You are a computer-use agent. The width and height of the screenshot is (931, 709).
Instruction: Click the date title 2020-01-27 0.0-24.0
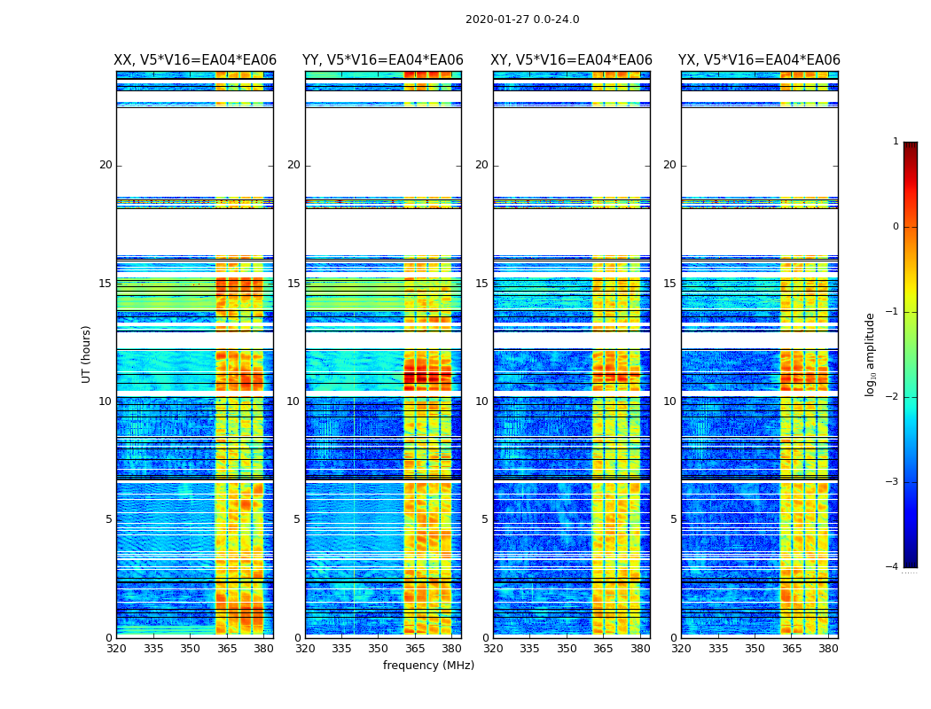[522, 19]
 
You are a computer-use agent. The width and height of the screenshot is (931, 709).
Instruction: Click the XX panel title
[195, 60]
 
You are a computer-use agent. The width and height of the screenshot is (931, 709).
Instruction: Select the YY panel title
[383, 60]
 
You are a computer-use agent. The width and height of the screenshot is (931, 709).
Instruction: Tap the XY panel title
[572, 60]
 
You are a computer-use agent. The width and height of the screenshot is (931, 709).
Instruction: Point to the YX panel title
[759, 60]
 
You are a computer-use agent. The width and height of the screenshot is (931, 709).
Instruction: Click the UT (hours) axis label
[86, 354]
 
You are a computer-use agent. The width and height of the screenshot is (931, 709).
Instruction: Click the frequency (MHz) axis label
[428, 666]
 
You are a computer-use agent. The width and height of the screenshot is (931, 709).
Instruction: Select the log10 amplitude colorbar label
[871, 354]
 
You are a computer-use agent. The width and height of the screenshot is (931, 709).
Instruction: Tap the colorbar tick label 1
[896, 142]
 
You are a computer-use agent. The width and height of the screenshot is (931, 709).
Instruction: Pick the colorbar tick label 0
[896, 227]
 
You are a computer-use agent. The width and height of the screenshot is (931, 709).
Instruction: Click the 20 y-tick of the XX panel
[106, 165]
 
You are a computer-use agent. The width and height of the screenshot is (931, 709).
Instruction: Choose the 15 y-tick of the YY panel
[293, 284]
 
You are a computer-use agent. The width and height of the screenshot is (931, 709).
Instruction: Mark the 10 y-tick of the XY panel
[481, 401]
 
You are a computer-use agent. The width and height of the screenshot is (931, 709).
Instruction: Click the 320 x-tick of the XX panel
[117, 648]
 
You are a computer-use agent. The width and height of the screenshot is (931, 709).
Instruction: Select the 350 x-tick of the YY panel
[379, 648]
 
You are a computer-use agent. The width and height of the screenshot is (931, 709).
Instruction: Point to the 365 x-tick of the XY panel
[603, 648]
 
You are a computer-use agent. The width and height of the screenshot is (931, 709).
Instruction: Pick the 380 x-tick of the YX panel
[828, 648]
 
